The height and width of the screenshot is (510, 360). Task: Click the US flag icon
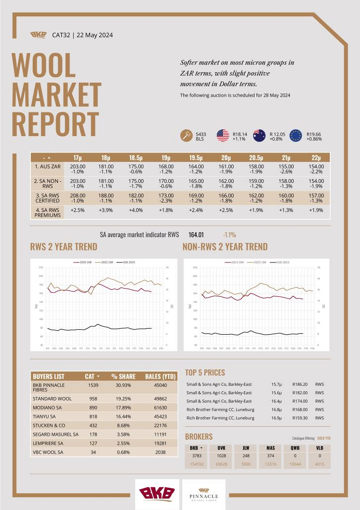point(222,136)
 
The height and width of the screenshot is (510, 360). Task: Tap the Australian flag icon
point(259,136)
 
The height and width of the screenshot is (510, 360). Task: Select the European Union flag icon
point(296,136)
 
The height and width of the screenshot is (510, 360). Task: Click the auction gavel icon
point(186,136)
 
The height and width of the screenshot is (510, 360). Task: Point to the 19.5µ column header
point(195,157)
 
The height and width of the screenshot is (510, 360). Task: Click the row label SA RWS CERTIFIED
point(48,199)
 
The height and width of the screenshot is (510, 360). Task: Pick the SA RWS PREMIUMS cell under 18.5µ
point(136,210)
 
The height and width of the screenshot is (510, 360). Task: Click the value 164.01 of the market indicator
point(196,235)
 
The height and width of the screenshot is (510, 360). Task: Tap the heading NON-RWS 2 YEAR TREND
point(225,247)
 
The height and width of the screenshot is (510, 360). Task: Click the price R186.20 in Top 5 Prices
point(300,384)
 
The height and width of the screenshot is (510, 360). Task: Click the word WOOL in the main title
point(44,66)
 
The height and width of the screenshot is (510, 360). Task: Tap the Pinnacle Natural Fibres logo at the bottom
point(204,494)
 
